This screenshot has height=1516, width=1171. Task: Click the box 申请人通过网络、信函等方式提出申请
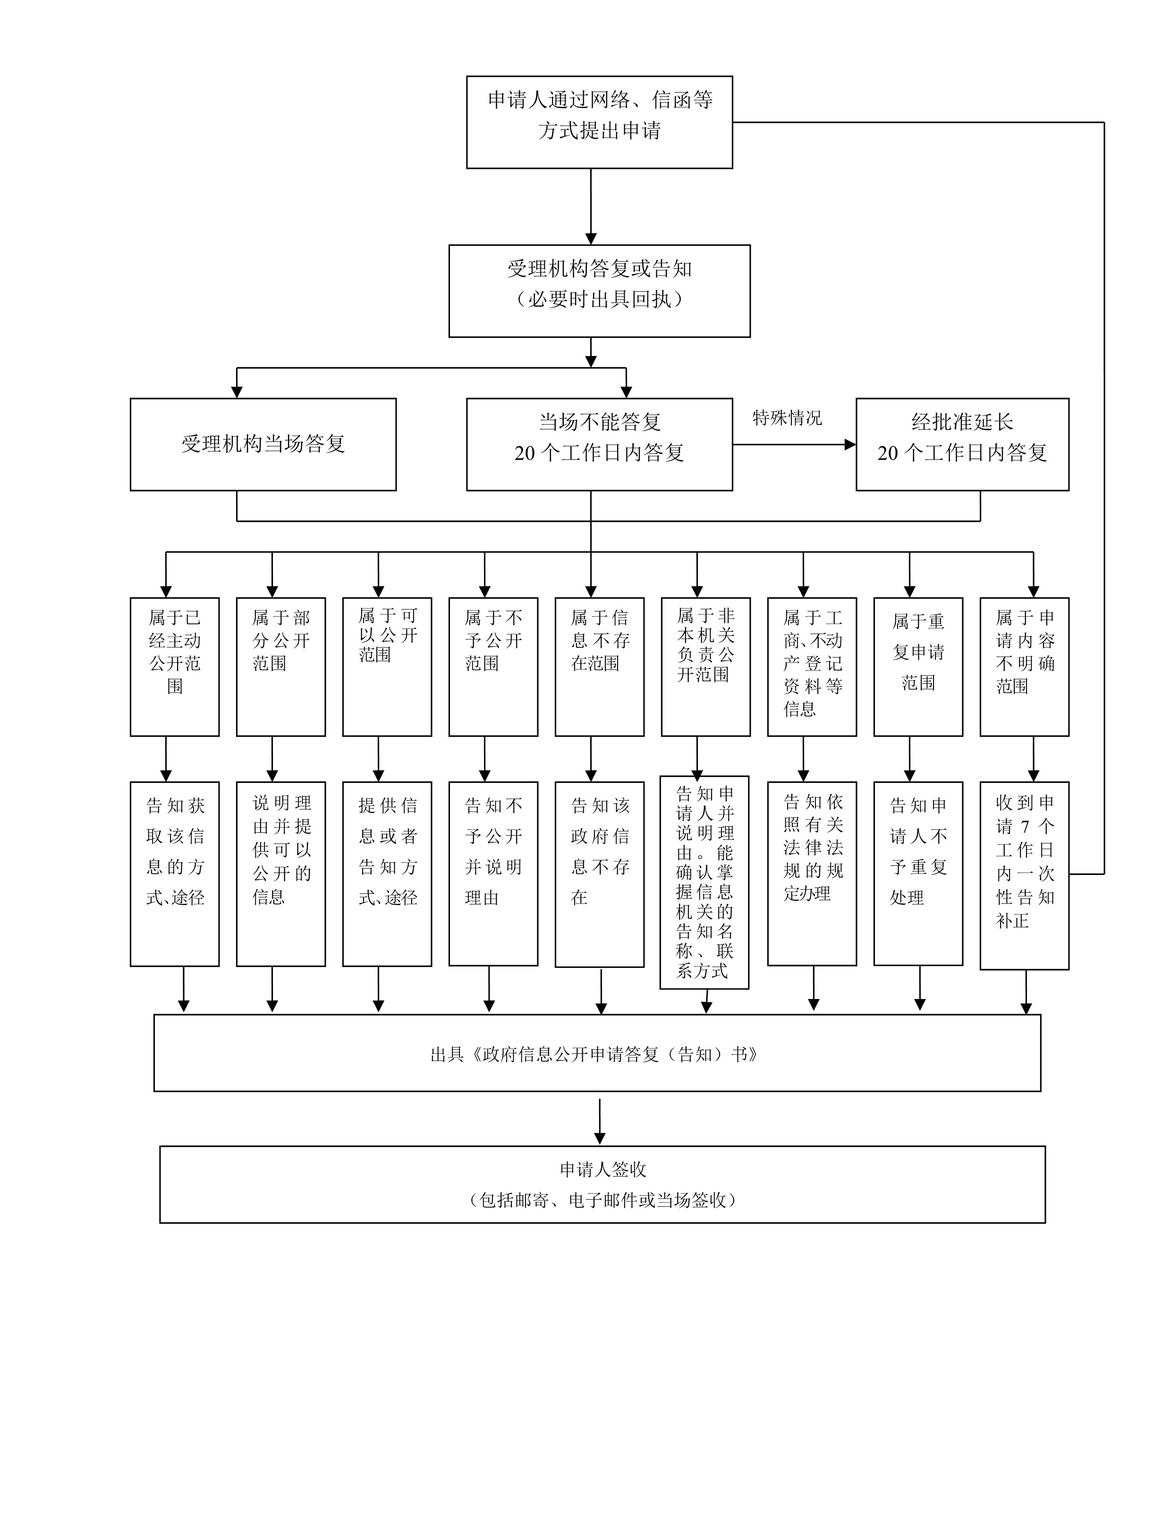point(599,122)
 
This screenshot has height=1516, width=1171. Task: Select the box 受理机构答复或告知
point(599,291)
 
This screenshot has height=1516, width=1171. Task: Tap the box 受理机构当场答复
point(263,444)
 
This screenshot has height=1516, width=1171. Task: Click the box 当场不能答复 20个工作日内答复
point(599,444)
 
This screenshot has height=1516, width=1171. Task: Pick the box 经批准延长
point(962,444)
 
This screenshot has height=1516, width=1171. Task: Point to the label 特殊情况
point(787,418)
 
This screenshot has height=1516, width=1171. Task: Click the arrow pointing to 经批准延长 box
point(795,444)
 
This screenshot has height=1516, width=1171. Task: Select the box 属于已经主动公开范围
point(175,666)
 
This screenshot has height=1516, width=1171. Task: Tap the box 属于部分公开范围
point(281,666)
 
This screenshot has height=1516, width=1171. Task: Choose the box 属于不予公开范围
point(493,666)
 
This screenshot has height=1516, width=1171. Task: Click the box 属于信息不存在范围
point(600,666)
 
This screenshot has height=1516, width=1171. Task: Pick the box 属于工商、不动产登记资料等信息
point(812,666)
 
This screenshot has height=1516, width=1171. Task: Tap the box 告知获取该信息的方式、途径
point(175,874)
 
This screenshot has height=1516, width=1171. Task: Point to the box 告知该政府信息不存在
point(600,874)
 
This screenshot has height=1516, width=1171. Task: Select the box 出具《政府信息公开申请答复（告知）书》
point(597,1053)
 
